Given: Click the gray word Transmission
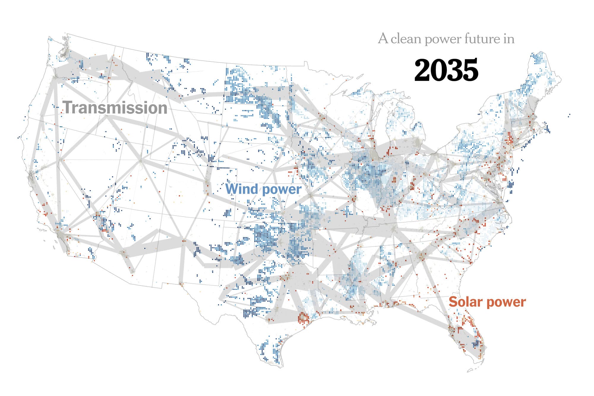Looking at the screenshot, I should [x=115, y=108].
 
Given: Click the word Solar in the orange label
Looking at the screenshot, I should [x=465, y=302].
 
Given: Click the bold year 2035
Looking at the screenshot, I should [x=446, y=70].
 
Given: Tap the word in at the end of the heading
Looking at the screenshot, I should [x=509, y=39].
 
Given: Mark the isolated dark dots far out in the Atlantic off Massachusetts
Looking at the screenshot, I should [x=569, y=115].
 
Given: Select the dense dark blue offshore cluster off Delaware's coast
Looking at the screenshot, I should [x=510, y=185].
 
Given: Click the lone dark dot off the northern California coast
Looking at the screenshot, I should [x=19, y=137].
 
